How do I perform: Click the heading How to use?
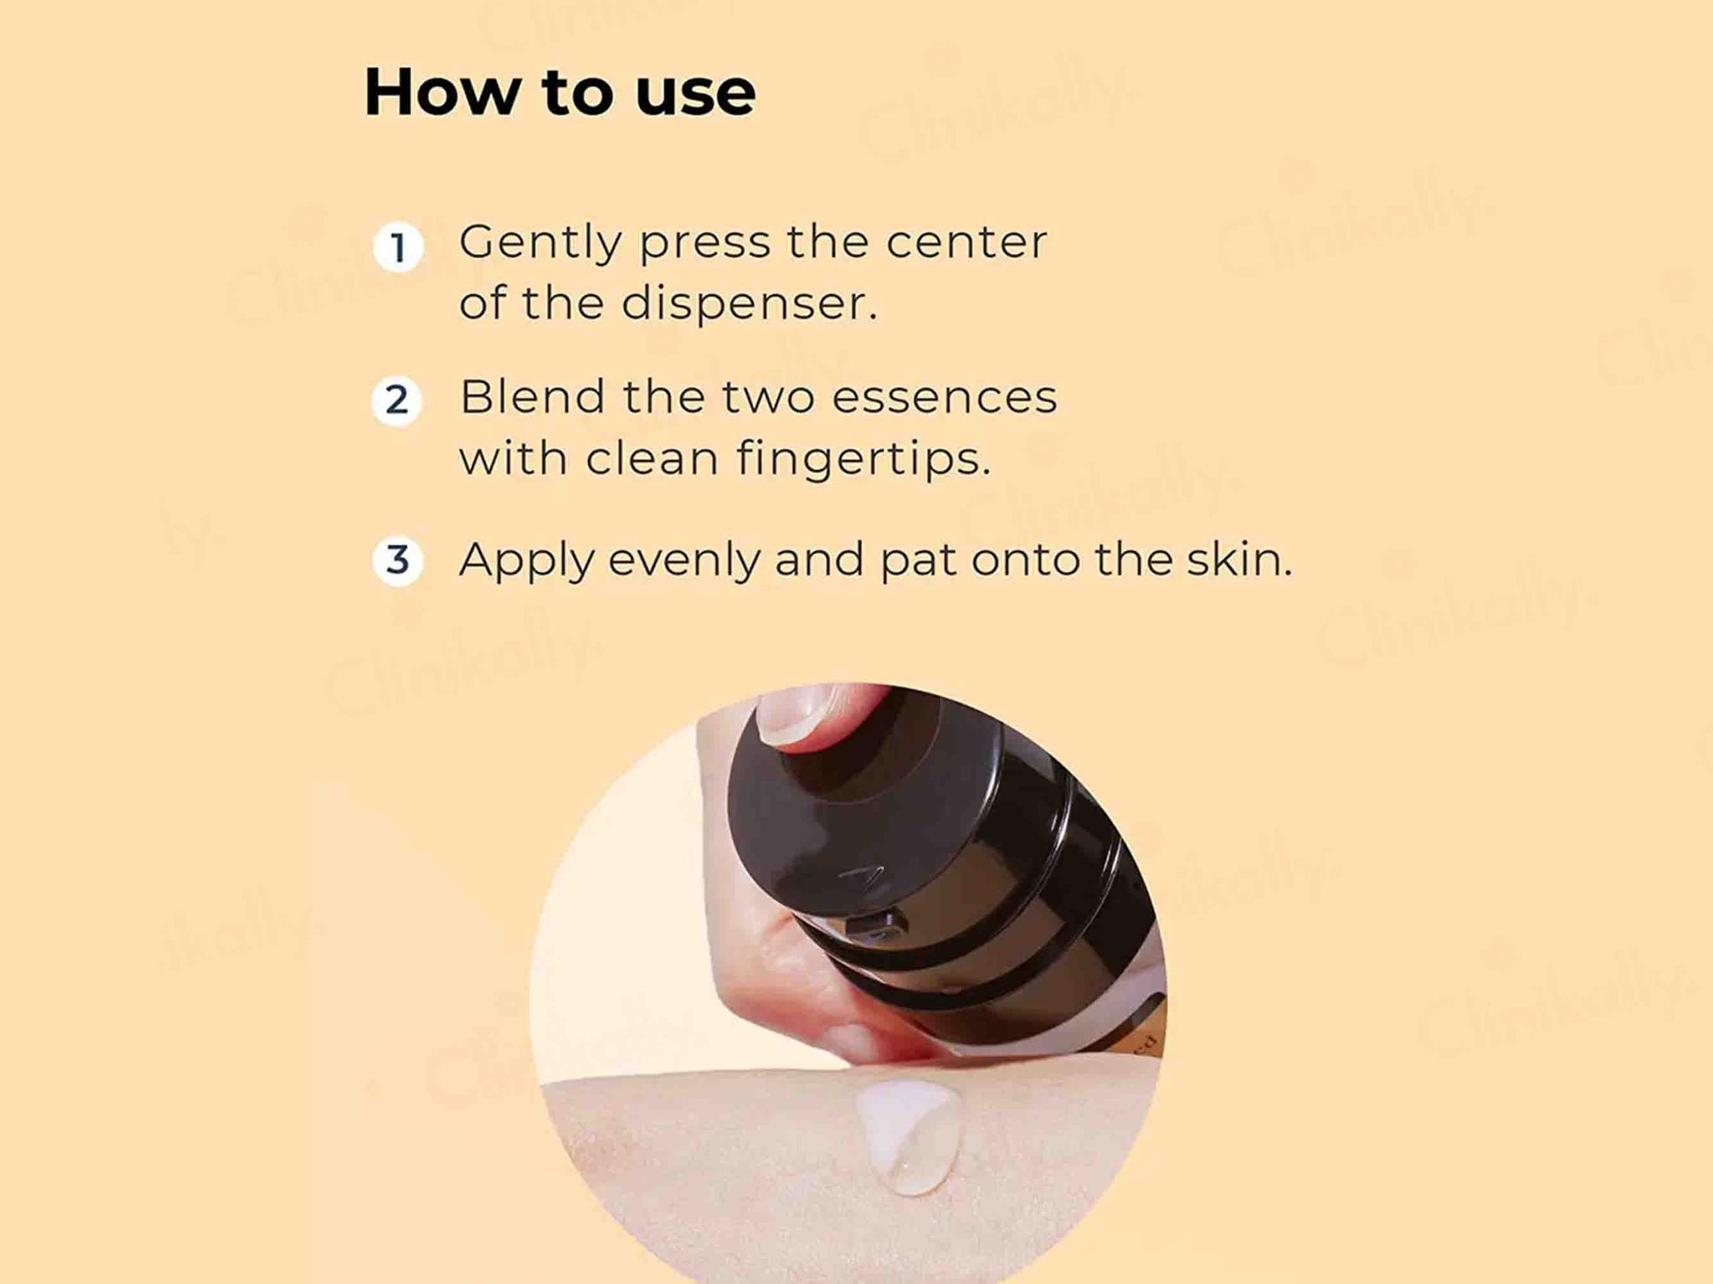(x=560, y=92)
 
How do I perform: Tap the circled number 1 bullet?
(x=398, y=246)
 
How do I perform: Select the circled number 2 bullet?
(x=398, y=401)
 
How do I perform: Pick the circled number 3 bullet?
(x=398, y=560)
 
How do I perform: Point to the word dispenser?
(x=749, y=304)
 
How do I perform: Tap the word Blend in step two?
(x=533, y=396)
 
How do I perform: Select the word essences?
(x=945, y=397)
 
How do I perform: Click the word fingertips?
(x=864, y=459)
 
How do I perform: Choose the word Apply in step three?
(x=526, y=561)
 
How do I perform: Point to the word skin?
(x=1239, y=559)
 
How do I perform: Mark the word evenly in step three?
(x=684, y=561)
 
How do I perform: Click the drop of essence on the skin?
(x=909, y=1136)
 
